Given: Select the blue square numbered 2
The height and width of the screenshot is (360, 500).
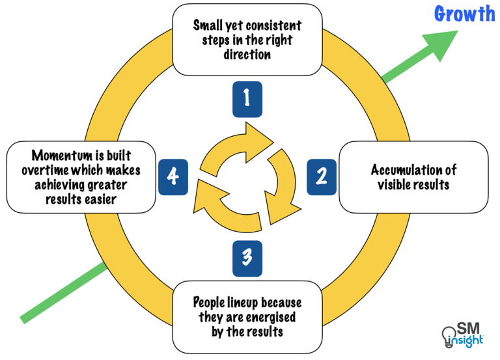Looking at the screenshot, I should [322, 176].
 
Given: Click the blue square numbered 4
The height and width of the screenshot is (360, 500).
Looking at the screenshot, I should [173, 176].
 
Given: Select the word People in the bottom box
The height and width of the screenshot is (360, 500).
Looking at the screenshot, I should [210, 303].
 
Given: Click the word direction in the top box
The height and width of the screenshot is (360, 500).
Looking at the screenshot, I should [247, 55].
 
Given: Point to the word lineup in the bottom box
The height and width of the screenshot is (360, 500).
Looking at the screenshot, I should [251, 303].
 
